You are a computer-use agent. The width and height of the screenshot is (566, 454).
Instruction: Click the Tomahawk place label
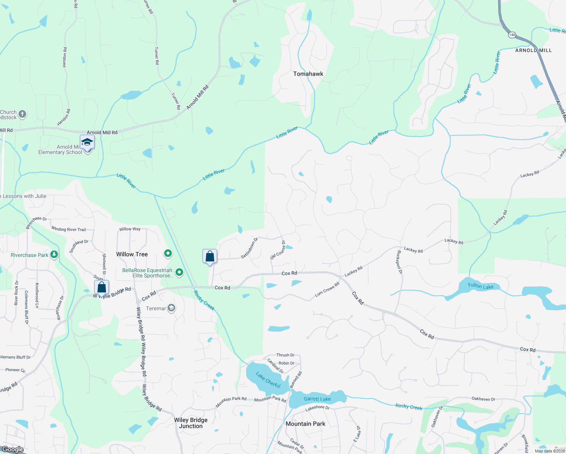click(308, 74)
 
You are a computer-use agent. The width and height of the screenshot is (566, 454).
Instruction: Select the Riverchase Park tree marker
click(54, 255)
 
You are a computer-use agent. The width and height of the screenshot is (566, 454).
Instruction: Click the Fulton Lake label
click(480, 286)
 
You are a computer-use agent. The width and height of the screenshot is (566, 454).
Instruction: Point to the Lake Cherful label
click(268, 380)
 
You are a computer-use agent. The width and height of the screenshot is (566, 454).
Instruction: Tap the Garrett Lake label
click(317, 399)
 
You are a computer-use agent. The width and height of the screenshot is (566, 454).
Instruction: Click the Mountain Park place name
click(305, 424)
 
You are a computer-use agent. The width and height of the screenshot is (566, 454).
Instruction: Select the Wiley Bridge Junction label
click(191, 423)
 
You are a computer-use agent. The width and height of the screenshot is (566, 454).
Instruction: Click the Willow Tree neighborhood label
click(132, 254)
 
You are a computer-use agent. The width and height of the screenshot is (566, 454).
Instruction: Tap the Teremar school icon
click(171, 308)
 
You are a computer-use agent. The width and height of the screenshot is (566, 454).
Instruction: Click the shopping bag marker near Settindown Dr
click(210, 257)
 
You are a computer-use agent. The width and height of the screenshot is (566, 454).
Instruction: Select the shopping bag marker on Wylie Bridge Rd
click(101, 288)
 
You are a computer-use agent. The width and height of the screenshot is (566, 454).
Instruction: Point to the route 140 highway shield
click(512, 35)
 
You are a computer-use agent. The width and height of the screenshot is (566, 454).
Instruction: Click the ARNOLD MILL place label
click(533, 50)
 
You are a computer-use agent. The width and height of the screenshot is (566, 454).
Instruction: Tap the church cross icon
click(22, 114)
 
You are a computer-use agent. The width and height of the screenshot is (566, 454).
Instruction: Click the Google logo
click(13, 449)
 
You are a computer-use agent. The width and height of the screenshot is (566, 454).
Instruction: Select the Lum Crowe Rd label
click(327, 289)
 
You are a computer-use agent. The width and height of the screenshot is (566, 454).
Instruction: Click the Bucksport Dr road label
click(400, 262)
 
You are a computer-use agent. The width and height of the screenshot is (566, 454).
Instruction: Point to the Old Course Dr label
click(278, 250)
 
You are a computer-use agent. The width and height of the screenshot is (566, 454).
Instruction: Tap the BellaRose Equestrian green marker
click(179, 272)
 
